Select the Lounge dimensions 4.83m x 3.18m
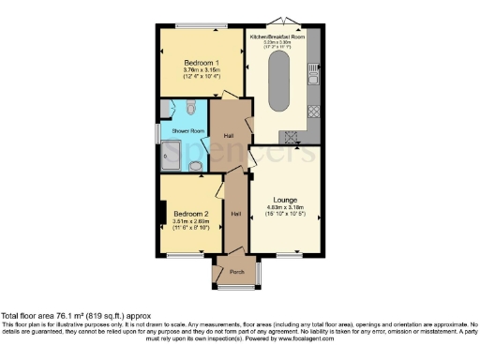pos(287,211)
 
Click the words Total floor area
pos(27,316)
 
